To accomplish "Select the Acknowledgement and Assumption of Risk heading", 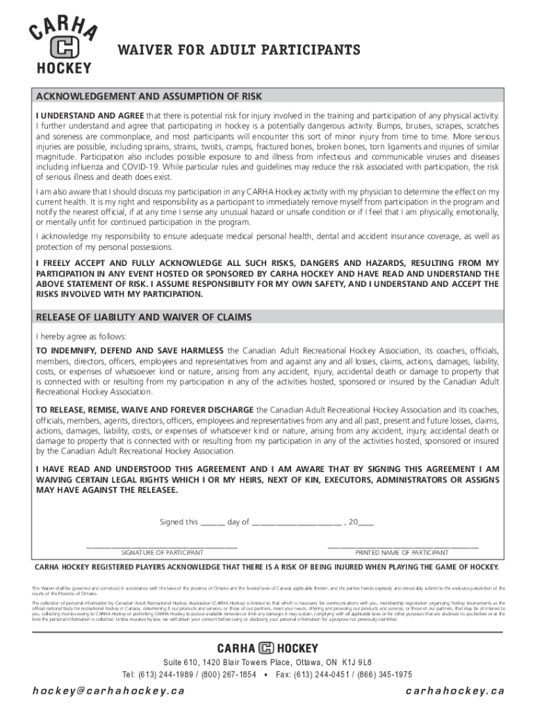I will (x=149, y=97).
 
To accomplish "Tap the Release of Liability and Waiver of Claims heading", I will (x=144, y=317).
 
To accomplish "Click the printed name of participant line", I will (x=402, y=546).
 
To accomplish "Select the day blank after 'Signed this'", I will (x=213, y=523).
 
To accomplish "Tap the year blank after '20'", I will (x=365, y=523).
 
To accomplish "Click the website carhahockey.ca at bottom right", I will (x=454, y=690).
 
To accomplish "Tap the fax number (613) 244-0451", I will (x=333, y=674).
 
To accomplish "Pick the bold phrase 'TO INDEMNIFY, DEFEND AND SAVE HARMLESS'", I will (x=130, y=350).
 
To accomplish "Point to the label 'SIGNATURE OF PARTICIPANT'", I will (x=162, y=553).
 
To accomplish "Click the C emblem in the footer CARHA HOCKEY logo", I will (x=267, y=649).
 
